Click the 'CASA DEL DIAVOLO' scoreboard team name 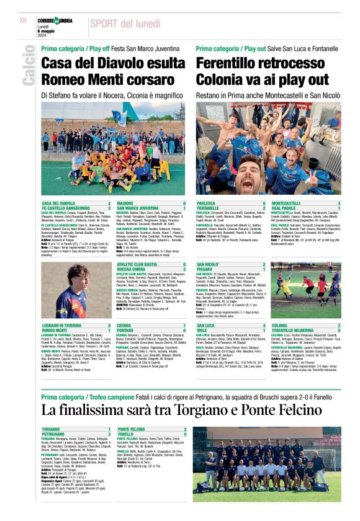[x=59, y=203]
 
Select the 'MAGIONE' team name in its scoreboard [x=126, y=203]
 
